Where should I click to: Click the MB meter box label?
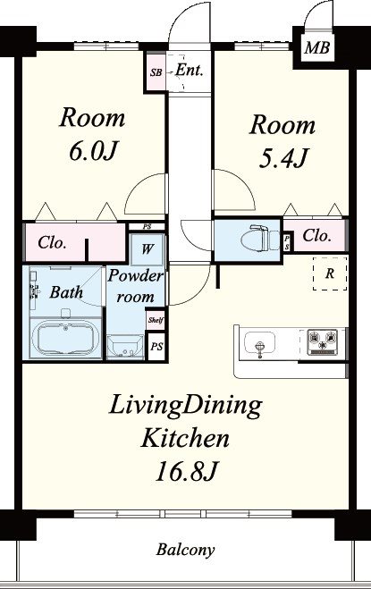(x=316, y=47)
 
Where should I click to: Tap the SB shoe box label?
(x=156, y=72)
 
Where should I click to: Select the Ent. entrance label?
(x=190, y=71)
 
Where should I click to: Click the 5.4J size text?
(x=282, y=158)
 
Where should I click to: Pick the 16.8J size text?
(x=187, y=471)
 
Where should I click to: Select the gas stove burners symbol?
(x=323, y=341)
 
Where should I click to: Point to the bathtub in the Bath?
(x=65, y=337)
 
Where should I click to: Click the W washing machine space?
(x=148, y=249)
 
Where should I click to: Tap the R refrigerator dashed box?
(x=330, y=273)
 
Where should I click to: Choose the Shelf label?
(x=156, y=320)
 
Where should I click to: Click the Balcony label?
(x=185, y=550)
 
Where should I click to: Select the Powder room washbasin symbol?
(x=125, y=346)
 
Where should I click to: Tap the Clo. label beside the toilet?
(x=316, y=236)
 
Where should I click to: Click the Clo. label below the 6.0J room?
(x=52, y=243)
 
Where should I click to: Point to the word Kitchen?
(x=185, y=438)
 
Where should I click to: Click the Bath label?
(x=66, y=292)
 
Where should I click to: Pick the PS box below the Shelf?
(x=156, y=346)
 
